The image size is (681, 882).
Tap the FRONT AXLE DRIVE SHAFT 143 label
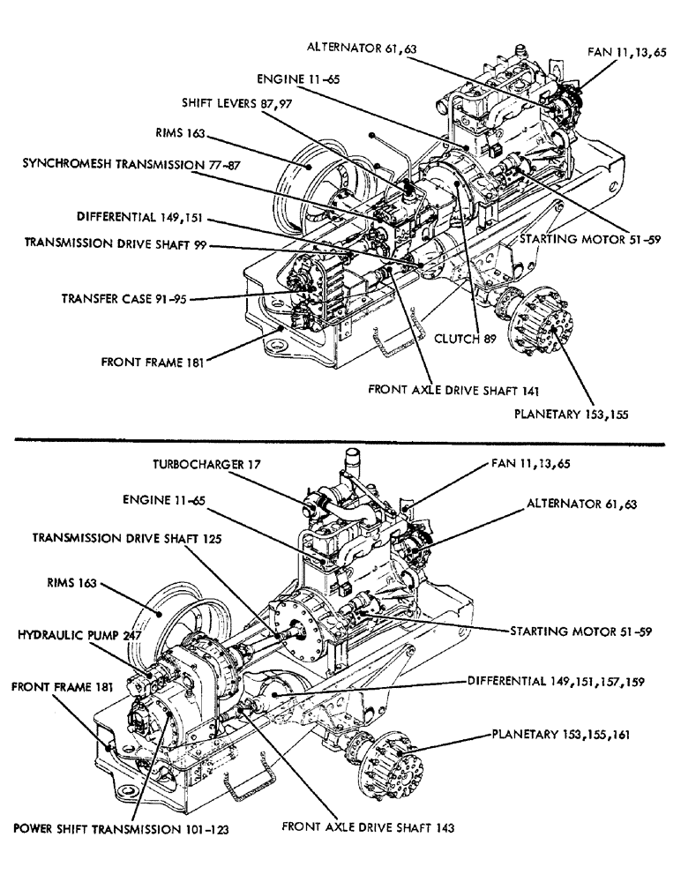point(368,827)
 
